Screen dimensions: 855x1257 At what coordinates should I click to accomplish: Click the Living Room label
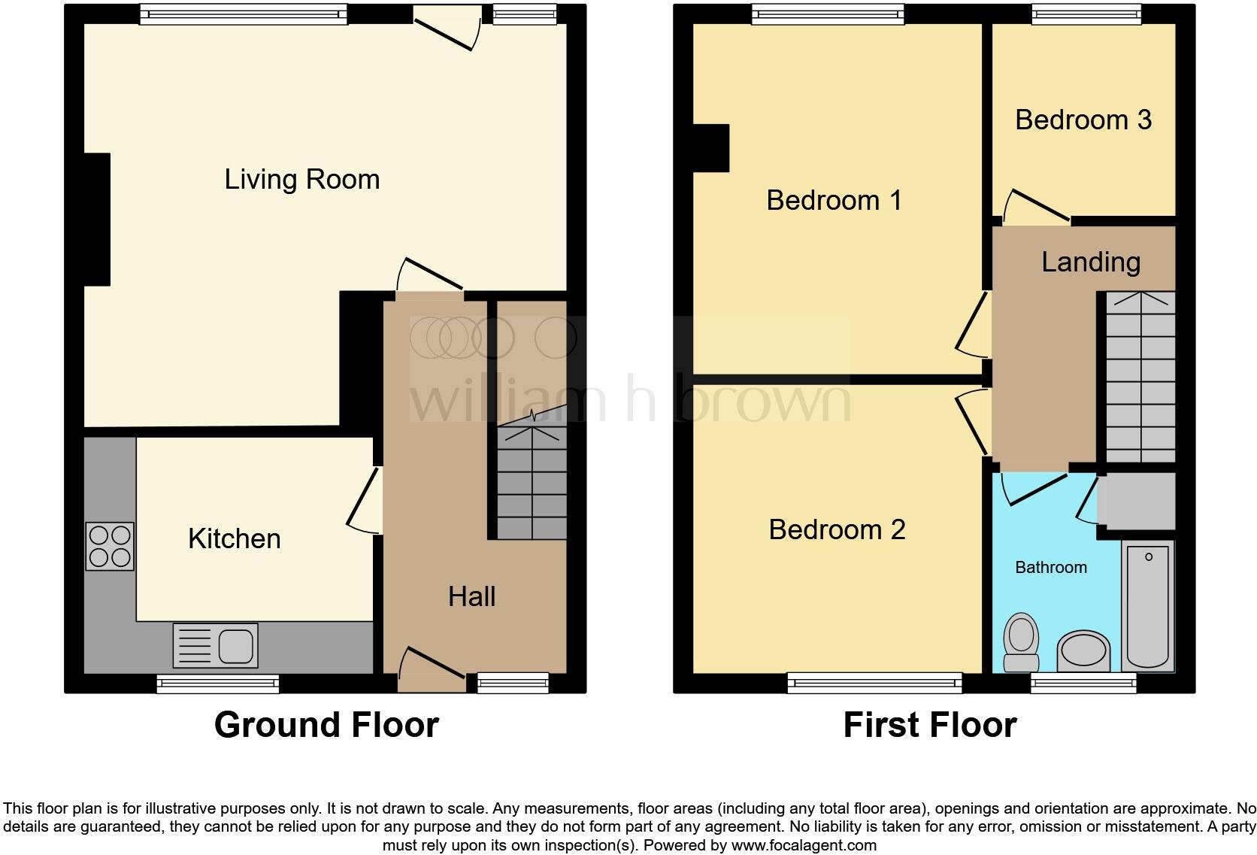click(x=301, y=180)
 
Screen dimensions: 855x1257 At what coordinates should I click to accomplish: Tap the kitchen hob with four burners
click(x=110, y=546)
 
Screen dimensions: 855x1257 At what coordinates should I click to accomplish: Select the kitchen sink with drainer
click(x=215, y=645)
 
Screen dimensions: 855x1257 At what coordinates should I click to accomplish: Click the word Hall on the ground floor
click(x=471, y=597)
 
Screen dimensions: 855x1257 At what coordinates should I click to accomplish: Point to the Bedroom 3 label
click(x=1083, y=120)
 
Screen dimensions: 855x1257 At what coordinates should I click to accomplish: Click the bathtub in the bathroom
click(x=1148, y=605)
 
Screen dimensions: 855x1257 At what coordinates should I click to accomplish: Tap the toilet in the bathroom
click(x=1021, y=642)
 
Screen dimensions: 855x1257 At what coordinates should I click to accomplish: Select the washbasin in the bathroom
click(x=1083, y=650)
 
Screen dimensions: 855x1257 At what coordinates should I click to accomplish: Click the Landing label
click(x=1090, y=262)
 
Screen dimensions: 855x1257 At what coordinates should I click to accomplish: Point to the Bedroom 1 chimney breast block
click(x=710, y=148)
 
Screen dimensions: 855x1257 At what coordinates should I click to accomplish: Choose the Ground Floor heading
click(x=326, y=725)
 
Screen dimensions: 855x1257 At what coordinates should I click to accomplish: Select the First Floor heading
click(x=929, y=725)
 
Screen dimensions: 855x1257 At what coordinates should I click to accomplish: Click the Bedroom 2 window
click(x=874, y=683)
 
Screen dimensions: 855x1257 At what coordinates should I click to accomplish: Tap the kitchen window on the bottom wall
click(x=218, y=683)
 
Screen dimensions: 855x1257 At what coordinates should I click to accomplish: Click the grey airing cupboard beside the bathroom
click(x=1135, y=501)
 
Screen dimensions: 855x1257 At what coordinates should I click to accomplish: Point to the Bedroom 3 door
click(x=1033, y=206)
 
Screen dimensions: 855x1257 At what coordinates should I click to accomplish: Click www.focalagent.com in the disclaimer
click(x=804, y=845)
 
